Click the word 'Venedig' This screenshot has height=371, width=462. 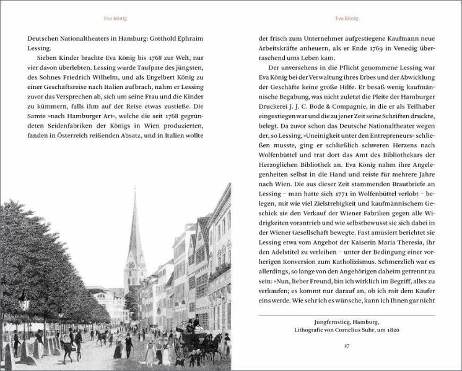409,46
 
